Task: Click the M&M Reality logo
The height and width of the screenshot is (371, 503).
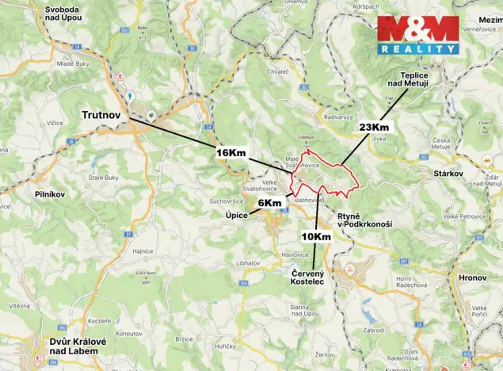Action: pos(417,34)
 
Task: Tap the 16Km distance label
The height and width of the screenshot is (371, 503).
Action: pos(232,152)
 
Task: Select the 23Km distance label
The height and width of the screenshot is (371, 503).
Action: pos(374,127)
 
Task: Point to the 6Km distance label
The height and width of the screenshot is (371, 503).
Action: pos(269,204)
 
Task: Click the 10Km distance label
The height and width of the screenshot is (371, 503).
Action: pos(316,236)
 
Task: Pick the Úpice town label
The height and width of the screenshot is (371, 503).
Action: pos(237,215)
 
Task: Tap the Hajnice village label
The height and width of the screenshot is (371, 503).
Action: pos(143,251)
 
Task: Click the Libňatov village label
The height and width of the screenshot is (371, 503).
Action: pos(248,262)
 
